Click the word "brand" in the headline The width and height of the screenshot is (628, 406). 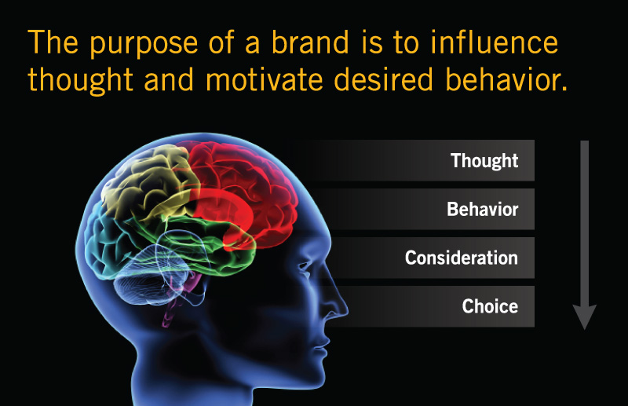(310, 42)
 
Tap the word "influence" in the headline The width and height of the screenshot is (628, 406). (495, 42)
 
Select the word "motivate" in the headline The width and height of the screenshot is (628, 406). (265, 79)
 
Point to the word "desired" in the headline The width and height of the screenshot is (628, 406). (383, 79)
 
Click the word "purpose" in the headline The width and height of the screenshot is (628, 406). (144, 45)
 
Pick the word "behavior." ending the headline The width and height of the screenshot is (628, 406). (506, 79)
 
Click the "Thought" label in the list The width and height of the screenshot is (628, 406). (484, 161)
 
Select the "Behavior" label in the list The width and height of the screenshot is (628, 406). (483, 209)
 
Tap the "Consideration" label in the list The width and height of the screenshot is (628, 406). (462, 258)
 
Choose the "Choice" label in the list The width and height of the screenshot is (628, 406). (490, 306)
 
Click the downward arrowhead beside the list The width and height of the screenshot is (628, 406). (585, 316)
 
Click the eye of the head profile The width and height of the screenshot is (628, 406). (305, 266)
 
